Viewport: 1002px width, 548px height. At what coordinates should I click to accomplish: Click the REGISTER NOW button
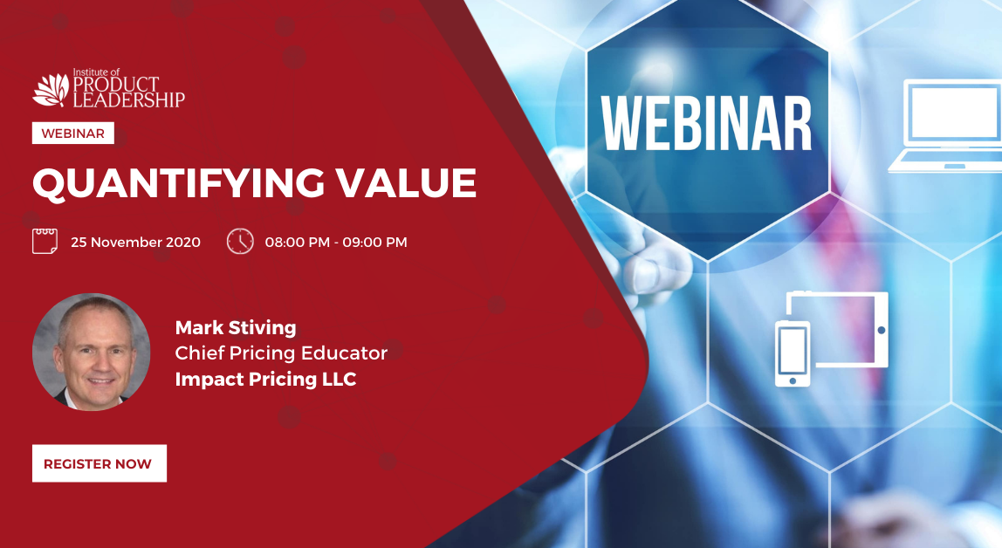[99, 463]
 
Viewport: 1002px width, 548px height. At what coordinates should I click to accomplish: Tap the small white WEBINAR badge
[72, 133]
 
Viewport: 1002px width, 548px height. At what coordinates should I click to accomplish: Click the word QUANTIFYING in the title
[178, 184]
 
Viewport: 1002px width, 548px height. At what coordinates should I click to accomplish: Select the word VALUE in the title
[407, 182]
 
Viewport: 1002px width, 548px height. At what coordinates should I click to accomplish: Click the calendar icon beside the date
[45, 242]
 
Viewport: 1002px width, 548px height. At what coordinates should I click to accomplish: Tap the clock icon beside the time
[240, 242]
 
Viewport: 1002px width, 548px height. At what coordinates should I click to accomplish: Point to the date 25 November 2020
[135, 242]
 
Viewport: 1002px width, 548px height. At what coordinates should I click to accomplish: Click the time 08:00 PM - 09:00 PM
[336, 242]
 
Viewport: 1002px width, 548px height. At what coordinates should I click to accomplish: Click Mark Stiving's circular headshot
[92, 352]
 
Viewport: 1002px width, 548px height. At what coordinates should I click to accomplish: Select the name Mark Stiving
[236, 327]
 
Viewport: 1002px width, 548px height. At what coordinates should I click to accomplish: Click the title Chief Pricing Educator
[281, 353]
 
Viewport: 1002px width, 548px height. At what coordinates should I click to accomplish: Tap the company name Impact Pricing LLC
[266, 380]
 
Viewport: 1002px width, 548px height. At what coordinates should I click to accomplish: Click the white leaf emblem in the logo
[51, 89]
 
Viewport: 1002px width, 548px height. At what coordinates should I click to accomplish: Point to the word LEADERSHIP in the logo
[129, 99]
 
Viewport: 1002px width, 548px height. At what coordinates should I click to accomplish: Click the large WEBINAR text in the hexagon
[706, 125]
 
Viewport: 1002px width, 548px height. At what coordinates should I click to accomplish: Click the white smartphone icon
[793, 353]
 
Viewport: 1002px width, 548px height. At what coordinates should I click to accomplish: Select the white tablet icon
[838, 330]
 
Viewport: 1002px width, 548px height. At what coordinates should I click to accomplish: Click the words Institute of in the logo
[97, 72]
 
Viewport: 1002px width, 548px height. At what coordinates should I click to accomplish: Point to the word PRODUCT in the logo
[116, 85]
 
